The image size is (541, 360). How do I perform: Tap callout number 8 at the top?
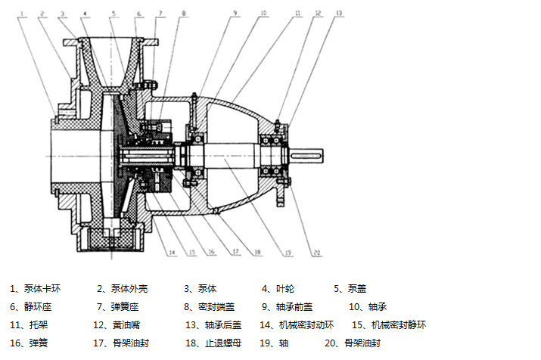[184, 13]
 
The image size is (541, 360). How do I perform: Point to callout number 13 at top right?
[339, 13]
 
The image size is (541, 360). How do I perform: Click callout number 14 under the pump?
[172, 252]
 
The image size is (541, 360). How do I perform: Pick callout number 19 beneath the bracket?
[288, 252]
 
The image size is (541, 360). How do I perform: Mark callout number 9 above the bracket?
[235, 13]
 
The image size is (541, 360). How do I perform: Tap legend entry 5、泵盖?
[350, 288]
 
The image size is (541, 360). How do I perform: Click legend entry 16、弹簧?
[28, 343]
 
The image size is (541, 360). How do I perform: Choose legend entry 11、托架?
[28, 324]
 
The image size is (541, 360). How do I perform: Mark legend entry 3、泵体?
[201, 288]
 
